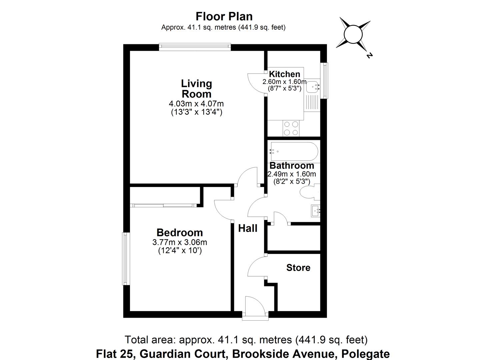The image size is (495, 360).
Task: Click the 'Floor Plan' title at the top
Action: click(x=224, y=16)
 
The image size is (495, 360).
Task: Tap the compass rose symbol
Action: click(x=353, y=34)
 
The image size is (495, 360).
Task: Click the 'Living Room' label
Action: click(x=196, y=88)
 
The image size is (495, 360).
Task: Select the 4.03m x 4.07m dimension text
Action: click(x=196, y=104)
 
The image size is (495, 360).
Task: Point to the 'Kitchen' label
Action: click(x=284, y=74)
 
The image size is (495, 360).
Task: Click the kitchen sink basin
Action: click(x=312, y=87)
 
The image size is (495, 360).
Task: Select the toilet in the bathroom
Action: click(x=309, y=192)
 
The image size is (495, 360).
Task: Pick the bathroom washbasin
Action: click(x=315, y=211)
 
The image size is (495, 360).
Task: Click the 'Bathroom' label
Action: click(x=292, y=165)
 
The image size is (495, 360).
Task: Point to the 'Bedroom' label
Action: click(x=180, y=232)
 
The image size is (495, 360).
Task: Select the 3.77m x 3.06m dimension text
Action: click(x=180, y=242)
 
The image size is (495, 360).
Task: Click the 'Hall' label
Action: click(x=248, y=228)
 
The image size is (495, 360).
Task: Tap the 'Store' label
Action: click(x=298, y=268)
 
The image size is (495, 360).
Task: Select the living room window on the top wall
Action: click(x=195, y=47)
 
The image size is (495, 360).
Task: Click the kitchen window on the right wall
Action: click(x=324, y=80)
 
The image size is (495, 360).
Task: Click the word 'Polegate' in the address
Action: click(x=365, y=353)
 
